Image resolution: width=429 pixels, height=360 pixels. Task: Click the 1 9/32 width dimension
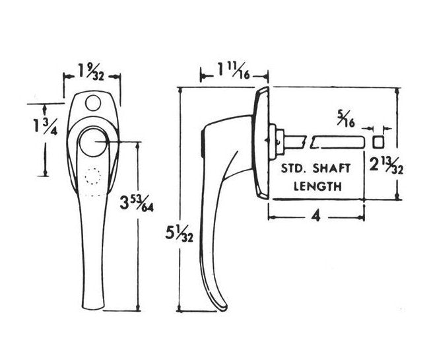[91, 72]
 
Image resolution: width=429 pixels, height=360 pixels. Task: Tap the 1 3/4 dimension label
[45, 126]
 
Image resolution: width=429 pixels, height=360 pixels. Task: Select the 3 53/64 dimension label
[137, 203]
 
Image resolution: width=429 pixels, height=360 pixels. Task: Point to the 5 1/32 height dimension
[179, 235]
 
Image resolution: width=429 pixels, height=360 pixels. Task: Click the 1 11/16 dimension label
[234, 71]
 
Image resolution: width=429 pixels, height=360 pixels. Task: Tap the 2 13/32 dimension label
[386, 164]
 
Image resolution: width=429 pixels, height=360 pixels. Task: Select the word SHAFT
[331, 168]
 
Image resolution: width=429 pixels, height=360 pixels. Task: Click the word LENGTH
[317, 186]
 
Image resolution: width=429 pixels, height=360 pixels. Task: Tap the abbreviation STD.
[294, 168]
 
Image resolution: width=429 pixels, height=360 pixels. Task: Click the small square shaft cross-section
[378, 143]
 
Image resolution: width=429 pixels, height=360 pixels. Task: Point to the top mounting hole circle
[93, 102]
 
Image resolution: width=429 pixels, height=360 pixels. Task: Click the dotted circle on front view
[93, 176]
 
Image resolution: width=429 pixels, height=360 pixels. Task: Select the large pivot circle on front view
[93, 142]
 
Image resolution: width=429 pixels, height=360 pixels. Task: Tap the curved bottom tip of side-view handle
[222, 307]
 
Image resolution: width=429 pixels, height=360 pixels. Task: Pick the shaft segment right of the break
[337, 142]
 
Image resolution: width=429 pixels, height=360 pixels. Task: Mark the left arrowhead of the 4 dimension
[271, 217]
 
